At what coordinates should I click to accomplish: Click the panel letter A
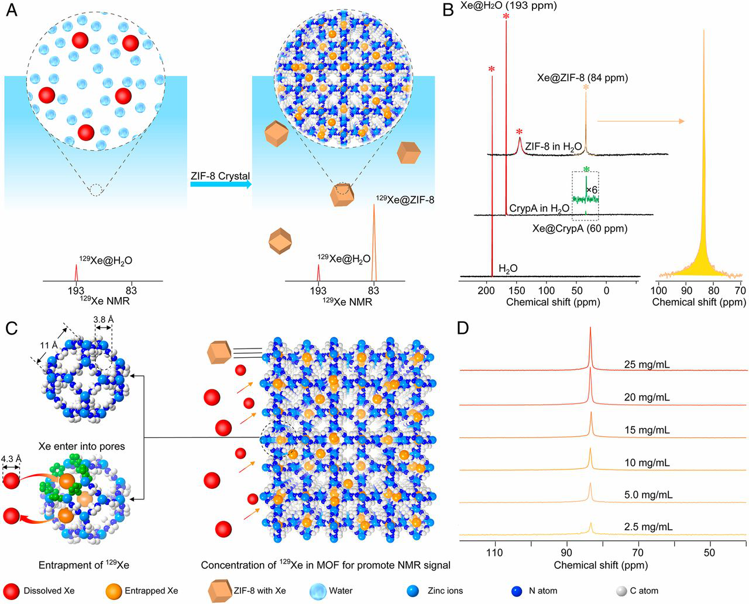tap(11, 11)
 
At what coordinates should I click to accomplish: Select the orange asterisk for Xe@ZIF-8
tap(586, 88)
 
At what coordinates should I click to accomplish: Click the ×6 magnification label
tap(591, 190)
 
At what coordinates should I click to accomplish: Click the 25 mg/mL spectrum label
tap(646, 365)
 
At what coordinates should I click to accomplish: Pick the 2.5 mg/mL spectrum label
tap(648, 527)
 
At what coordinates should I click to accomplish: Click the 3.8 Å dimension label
tap(103, 320)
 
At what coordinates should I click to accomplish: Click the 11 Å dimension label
tap(49, 345)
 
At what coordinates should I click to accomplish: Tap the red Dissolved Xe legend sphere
tap(12, 591)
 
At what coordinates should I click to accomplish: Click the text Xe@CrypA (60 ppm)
tap(579, 229)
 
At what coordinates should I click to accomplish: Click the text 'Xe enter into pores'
tap(81, 446)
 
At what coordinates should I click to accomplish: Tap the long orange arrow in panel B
tap(640, 121)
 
